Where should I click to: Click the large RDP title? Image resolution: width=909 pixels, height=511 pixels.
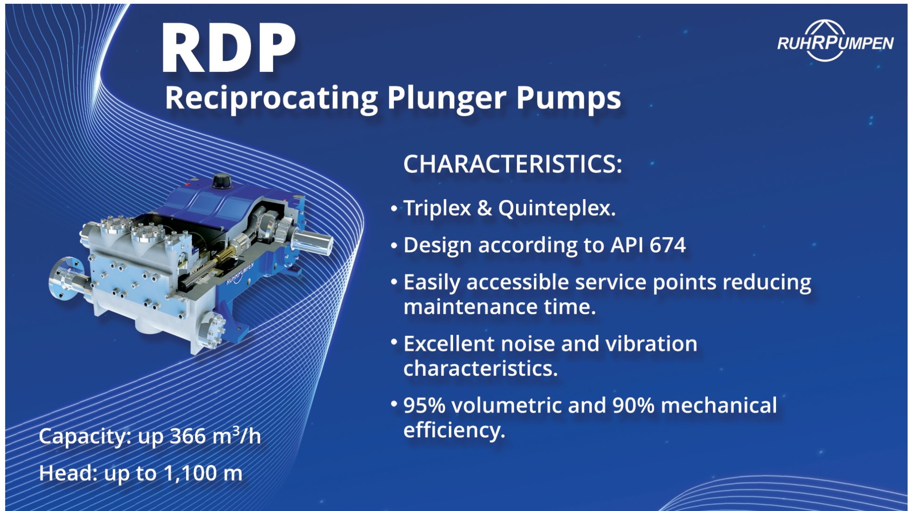coord(228,48)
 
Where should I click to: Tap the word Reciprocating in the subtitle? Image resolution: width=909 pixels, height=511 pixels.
coord(271,99)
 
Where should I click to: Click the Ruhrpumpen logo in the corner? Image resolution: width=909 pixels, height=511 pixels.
coord(835,42)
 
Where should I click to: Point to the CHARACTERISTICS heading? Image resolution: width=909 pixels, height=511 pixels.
coord(512,164)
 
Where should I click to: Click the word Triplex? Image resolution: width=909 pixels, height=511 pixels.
coord(437,208)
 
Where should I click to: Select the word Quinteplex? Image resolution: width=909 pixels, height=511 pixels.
coord(557,208)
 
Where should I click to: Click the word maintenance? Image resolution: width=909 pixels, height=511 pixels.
coord(470,308)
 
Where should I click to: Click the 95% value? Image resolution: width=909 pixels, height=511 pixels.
coord(424,405)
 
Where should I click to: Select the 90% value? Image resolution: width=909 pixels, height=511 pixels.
coord(633,405)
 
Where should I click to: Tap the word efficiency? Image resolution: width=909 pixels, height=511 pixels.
coord(454,430)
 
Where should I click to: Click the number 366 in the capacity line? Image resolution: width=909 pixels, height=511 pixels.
coord(188,436)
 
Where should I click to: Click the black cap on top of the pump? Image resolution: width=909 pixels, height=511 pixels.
coord(221,180)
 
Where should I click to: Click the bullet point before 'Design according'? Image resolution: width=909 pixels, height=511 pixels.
coord(394,245)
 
